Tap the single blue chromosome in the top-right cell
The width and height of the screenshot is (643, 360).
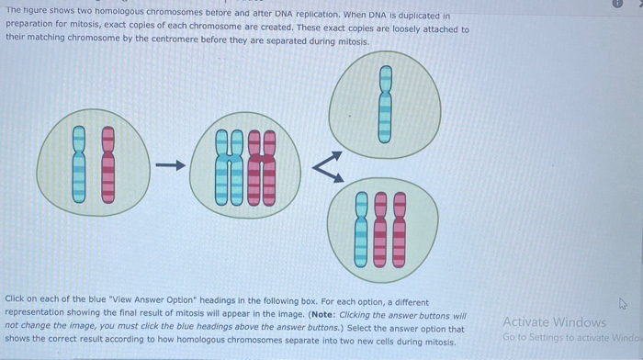coord(386,104)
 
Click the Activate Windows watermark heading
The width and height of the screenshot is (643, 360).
coord(554,322)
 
